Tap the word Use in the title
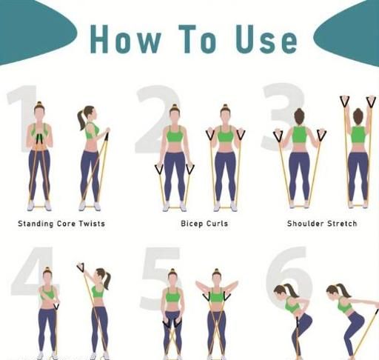(266, 39)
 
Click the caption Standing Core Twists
(61, 224)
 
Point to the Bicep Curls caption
(204, 224)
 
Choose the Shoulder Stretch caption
(322, 224)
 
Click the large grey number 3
(283, 116)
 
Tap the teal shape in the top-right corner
(350, 32)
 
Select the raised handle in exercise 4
(81, 267)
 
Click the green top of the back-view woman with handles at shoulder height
(299, 135)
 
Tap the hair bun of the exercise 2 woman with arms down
(175, 107)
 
